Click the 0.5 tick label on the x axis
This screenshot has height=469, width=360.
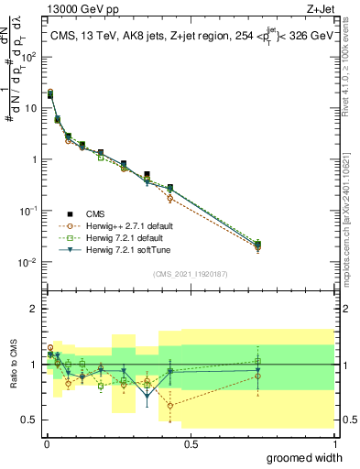pos(191,444)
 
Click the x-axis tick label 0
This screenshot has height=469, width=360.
pos(46,444)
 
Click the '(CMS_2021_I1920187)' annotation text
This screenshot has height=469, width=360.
pos(190,273)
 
